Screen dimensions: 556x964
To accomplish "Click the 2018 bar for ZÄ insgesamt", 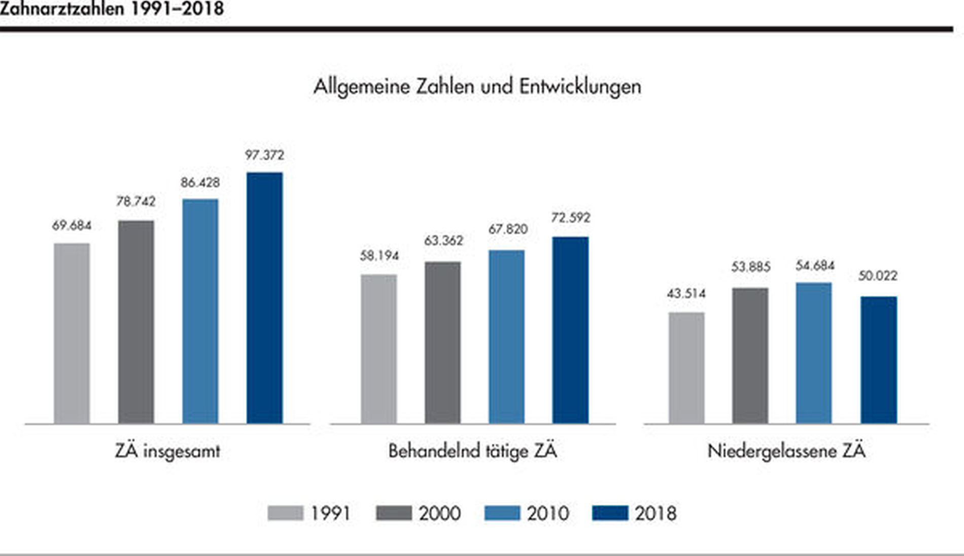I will pos(264,298).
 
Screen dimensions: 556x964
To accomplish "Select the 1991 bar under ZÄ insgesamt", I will pos(72,333).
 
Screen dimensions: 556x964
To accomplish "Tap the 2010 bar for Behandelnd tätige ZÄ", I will pos(506,337).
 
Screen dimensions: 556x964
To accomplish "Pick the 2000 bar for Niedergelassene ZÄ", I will pos(750,356).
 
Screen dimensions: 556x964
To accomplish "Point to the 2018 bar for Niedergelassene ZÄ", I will pos(878,360).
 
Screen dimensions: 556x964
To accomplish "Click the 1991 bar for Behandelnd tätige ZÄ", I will pos(378,349).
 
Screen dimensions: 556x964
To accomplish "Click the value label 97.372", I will pos(264,155).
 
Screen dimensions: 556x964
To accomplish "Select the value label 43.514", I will pos(686,294).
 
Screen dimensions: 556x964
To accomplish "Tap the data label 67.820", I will pos(508,229).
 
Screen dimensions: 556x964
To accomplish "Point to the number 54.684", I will pos(814,266).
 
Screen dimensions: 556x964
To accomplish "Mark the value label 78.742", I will pos(135,201).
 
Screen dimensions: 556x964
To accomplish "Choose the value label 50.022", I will pos(878,276).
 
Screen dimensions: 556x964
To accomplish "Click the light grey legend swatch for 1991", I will pos(285,513).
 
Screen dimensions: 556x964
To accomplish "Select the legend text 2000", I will pos(439,513).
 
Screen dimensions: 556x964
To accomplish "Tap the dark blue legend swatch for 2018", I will pos(609,513).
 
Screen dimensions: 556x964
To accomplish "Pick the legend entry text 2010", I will pos(547,513).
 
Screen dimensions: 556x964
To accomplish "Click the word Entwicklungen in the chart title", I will pos(579,87).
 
